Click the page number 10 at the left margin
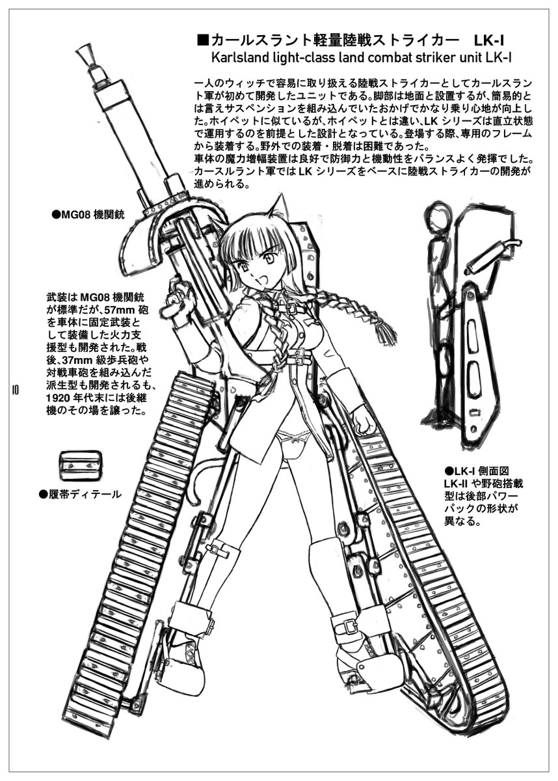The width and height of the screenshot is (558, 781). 14,390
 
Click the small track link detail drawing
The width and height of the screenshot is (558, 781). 80,466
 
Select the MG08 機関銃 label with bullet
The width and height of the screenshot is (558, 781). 88,213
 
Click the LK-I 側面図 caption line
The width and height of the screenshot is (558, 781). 477,470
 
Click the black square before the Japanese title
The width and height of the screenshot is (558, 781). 202,39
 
